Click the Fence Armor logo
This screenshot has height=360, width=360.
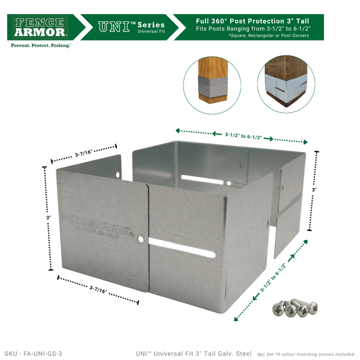[x=41, y=27]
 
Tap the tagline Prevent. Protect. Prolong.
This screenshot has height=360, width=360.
[x=41, y=45]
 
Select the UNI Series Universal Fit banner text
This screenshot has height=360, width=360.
[x=131, y=27]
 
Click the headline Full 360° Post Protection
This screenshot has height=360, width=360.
[x=252, y=21]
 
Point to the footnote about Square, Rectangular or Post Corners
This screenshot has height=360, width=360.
[x=268, y=35]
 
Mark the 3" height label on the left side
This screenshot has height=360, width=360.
[x=49, y=218]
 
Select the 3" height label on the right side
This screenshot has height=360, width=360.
[x=314, y=190]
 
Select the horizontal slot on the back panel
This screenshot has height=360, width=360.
[x=202, y=178]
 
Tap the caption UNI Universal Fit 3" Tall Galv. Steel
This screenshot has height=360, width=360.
[x=193, y=353]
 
